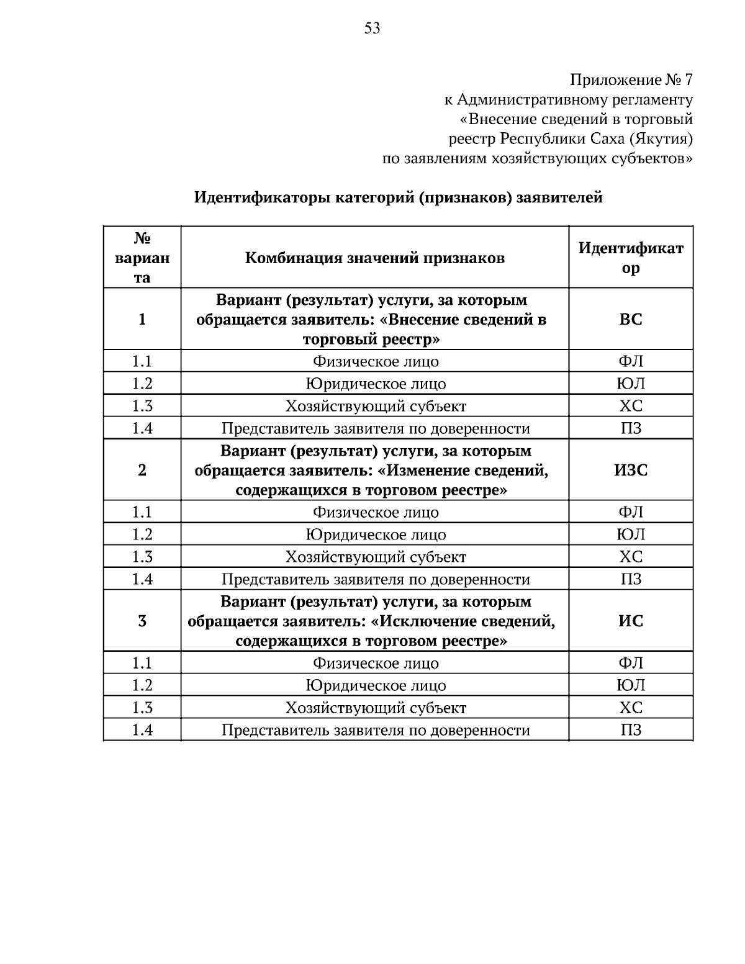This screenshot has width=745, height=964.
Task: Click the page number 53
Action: pos(372,28)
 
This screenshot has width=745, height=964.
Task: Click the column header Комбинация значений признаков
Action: pos(374,258)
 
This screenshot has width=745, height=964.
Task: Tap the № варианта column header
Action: pos(142,258)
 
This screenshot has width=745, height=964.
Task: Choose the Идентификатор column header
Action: pos(631,258)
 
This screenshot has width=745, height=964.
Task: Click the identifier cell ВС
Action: pos(631,320)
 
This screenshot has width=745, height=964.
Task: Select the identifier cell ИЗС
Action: pos(631,471)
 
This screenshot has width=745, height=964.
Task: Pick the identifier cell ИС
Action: pos(631,621)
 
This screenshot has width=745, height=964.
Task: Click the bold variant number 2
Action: pos(142,471)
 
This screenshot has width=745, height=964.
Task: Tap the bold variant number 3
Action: pos(142,621)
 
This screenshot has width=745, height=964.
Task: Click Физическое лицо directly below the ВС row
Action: pos(375,361)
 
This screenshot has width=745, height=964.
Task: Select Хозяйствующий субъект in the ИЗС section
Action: pos(375,557)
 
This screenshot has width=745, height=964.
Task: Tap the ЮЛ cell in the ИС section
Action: pos(631,685)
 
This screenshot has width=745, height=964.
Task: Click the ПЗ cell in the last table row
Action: pos(631,730)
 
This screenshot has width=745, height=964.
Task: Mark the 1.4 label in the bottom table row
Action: pos(142,730)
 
